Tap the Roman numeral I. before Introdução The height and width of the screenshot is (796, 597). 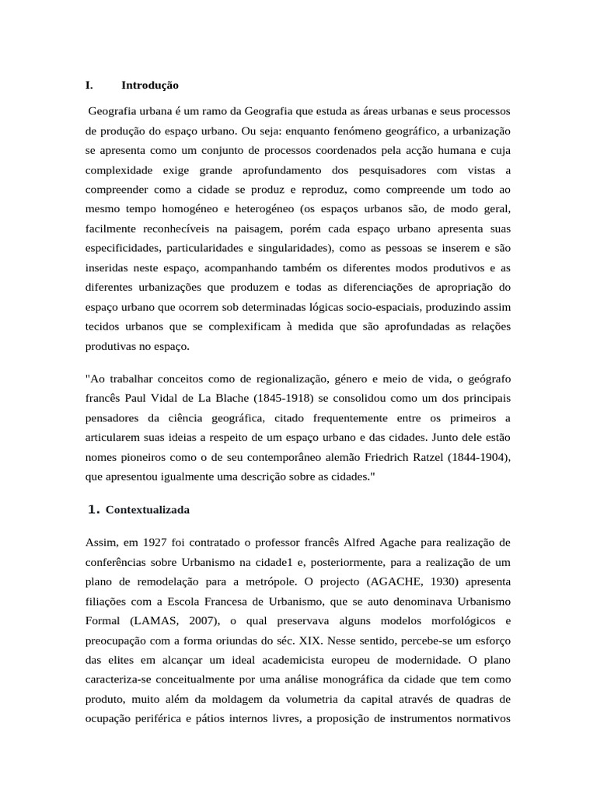[89, 85]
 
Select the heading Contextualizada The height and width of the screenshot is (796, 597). [147, 510]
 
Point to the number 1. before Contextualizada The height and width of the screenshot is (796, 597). [93, 510]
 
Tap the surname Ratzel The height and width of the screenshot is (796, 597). [431, 456]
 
